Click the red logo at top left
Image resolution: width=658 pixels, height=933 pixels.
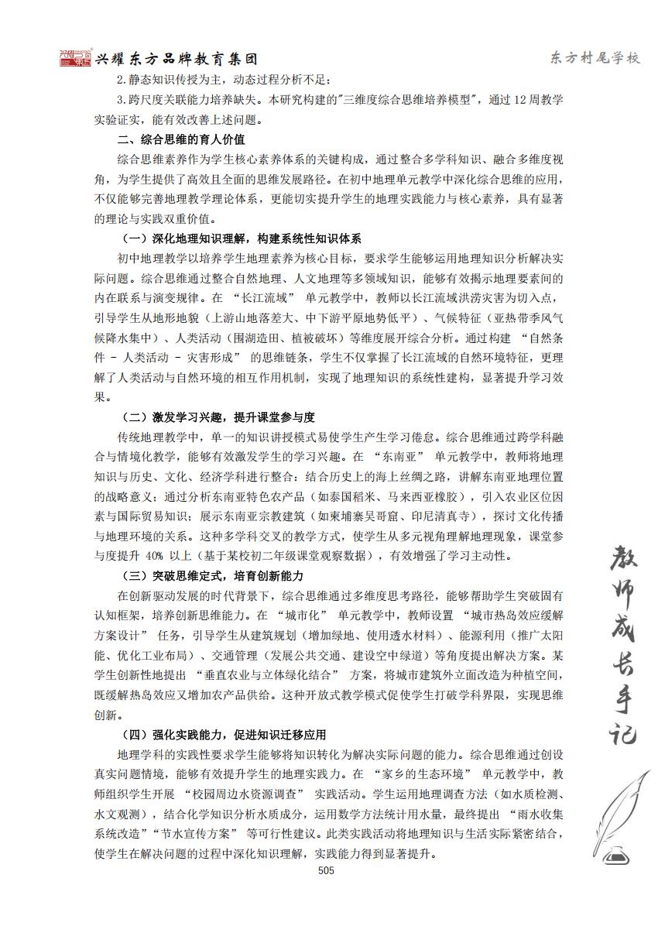pos(77,59)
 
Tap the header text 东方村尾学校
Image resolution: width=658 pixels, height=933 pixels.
pos(595,59)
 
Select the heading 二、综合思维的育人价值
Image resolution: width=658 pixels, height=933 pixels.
pos(180,140)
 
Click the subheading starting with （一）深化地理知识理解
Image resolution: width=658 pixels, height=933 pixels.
pos(242,238)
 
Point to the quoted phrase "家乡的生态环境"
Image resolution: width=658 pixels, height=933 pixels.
pos(419,774)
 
